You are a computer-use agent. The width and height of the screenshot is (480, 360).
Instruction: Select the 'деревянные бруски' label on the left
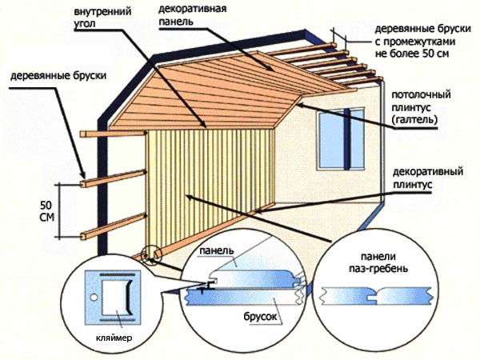(49, 78)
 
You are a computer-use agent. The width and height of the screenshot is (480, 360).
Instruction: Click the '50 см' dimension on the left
(47, 210)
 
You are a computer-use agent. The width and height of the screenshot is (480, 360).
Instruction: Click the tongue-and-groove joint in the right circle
(374, 294)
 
